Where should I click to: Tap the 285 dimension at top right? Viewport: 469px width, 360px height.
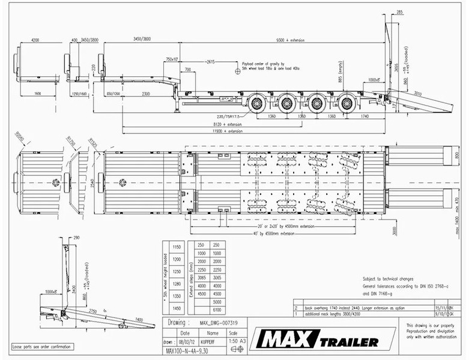[399, 13]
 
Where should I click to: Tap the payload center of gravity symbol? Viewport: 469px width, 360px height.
[237, 69]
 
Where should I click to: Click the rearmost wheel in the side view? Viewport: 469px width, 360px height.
[346, 103]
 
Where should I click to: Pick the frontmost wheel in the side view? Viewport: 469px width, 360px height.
[258, 103]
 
